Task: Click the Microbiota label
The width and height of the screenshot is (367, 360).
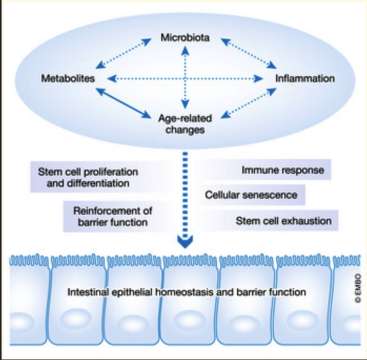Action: click(185, 38)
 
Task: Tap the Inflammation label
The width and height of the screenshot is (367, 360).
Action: click(304, 79)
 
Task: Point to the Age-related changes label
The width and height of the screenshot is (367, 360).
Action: click(185, 124)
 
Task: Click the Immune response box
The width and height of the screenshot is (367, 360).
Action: click(283, 170)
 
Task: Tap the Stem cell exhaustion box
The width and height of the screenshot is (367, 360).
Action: click(283, 221)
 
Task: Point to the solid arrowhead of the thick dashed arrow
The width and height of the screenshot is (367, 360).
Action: click(185, 241)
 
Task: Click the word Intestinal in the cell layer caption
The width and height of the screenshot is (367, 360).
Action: click(85, 292)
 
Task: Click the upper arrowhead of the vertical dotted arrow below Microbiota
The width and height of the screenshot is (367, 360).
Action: click(185, 50)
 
